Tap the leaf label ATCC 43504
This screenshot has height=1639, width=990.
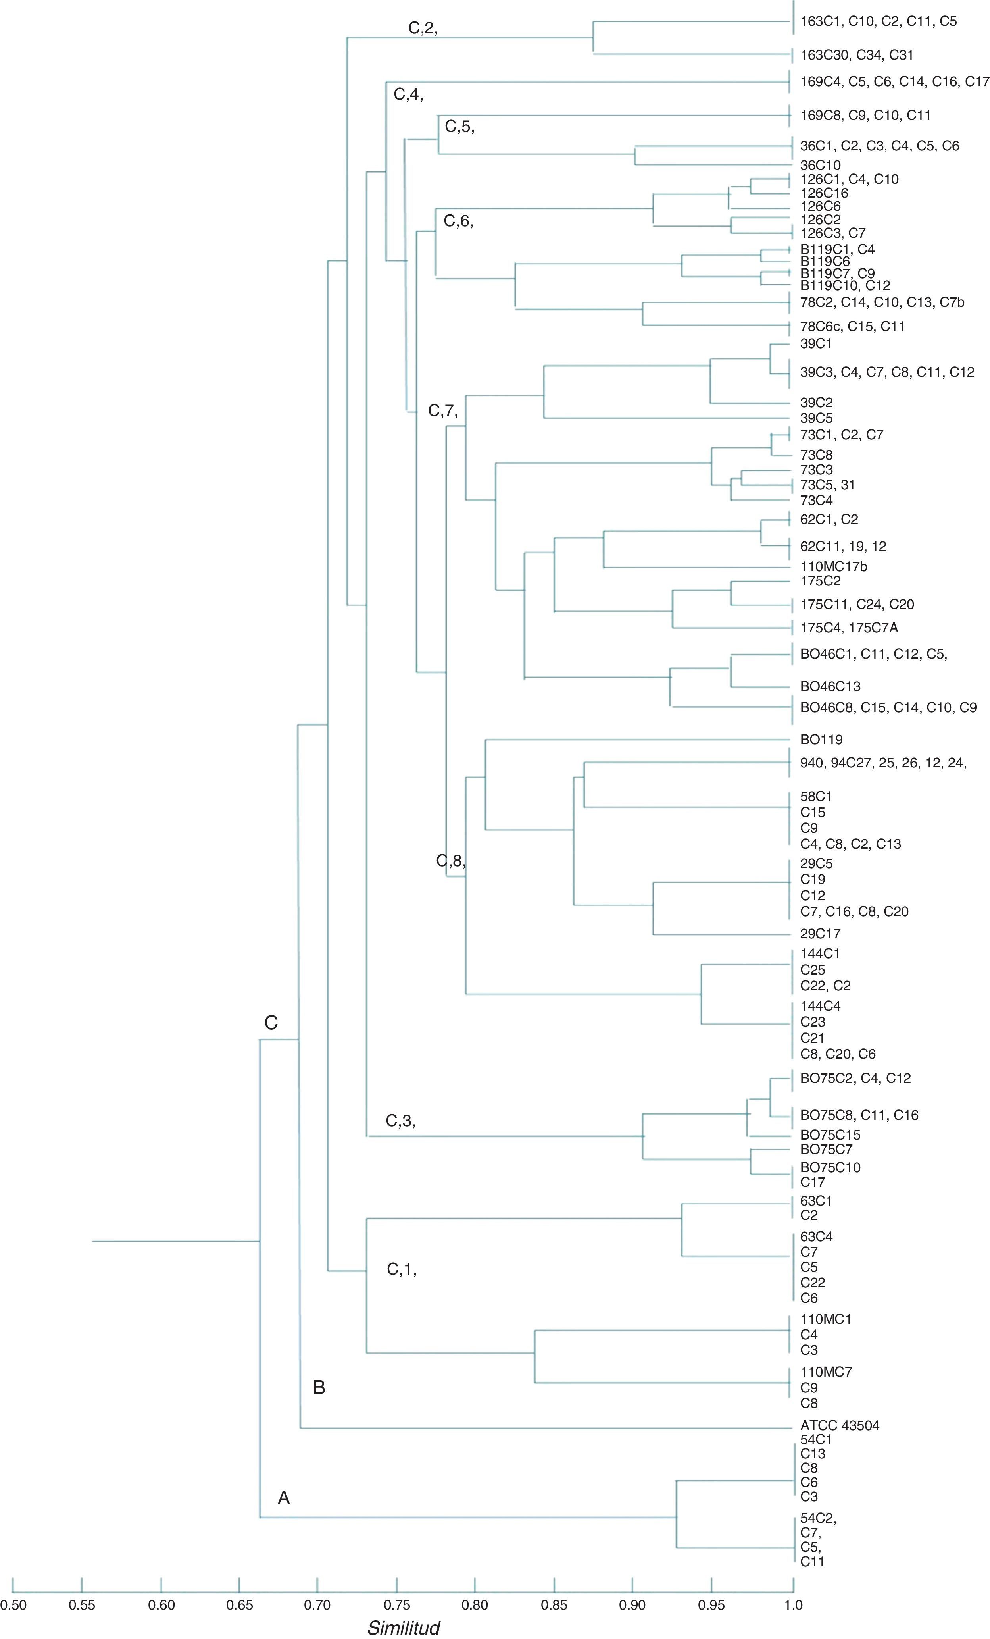pos(840,1425)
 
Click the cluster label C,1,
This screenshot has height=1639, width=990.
pos(402,1269)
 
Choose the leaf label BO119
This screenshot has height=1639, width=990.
pos(821,739)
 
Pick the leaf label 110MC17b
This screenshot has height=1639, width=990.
pos(834,567)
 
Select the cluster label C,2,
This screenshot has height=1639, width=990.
pos(423,28)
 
